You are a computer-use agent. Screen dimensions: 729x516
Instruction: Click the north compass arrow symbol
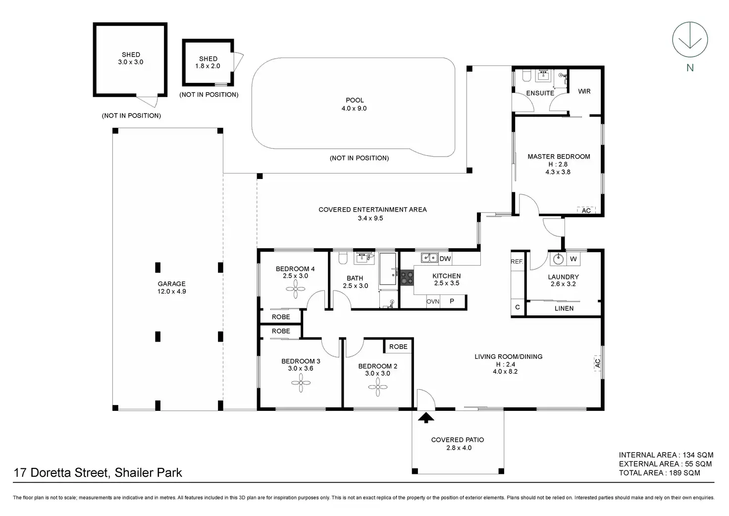coord(690,40)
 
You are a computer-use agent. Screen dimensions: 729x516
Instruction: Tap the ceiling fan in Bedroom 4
coord(296,288)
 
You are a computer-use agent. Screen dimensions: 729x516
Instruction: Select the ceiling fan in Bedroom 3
coord(301,383)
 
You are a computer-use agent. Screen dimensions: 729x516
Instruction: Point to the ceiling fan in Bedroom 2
coord(378,387)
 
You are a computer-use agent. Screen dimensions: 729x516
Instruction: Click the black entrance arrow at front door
coord(426,418)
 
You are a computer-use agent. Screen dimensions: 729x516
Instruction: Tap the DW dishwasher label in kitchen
coord(445,259)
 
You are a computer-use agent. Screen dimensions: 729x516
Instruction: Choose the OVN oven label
coord(433,302)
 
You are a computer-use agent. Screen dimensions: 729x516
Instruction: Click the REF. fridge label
coord(517,262)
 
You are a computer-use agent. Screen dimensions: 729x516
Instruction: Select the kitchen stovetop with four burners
coord(407,278)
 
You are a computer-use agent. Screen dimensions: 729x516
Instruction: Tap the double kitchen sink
coord(429,258)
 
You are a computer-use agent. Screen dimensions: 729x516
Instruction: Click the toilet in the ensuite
coord(526,75)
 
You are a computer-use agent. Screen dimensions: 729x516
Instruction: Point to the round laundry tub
coord(559,259)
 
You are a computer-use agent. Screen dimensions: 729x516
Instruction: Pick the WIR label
coord(584,91)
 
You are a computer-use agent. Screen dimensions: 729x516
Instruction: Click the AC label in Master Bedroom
coord(586,211)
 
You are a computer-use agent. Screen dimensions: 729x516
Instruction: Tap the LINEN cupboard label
coord(564,308)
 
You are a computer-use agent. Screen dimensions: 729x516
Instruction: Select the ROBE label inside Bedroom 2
coord(398,346)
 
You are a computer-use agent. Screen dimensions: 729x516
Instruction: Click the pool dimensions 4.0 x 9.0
coord(354,109)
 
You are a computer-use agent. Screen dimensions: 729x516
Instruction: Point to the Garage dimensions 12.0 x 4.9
coord(172,291)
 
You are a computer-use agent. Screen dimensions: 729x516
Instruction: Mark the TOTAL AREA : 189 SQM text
coord(659,473)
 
